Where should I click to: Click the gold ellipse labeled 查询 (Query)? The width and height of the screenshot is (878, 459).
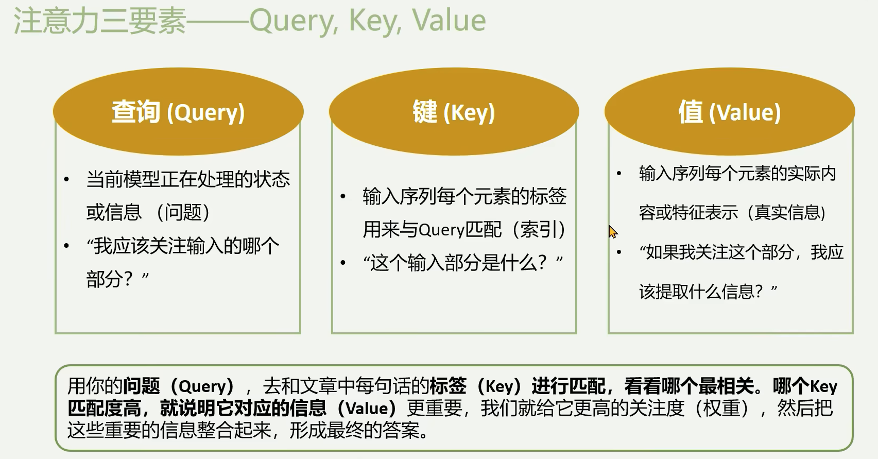178,112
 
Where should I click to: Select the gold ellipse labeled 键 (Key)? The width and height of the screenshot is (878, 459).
454,112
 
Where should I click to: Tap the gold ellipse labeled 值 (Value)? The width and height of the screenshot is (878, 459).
730,112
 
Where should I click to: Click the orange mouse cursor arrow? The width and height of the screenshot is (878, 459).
613,232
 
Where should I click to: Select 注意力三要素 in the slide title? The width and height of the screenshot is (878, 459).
100,21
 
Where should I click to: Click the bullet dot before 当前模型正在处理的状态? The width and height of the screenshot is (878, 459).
66,180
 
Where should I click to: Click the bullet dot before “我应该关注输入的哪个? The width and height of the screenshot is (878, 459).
66,246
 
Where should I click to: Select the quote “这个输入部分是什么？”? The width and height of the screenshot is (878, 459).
463,263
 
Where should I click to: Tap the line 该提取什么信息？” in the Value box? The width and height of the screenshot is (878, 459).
708,292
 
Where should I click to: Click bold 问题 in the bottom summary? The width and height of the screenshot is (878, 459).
142,385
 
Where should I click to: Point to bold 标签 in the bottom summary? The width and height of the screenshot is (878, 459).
448,385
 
